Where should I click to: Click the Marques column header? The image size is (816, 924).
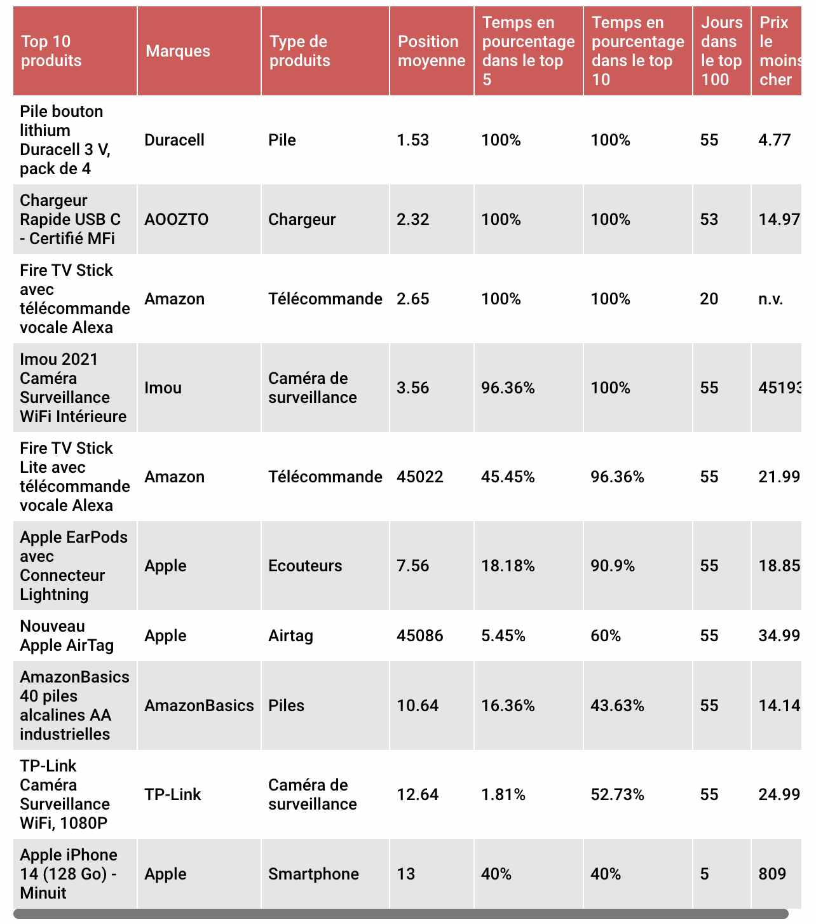pyautogui.click(x=177, y=51)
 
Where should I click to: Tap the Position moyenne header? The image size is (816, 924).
pyautogui.click(x=431, y=51)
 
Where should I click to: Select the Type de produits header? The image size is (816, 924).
pyautogui.click(x=299, y=51)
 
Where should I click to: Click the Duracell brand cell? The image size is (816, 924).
pyautogui.click(x=174, y=140)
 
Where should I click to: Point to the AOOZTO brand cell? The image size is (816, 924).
pyautogui.click(x=176, y=219)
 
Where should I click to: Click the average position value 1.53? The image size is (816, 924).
pyautogui.click(x=412, y=140)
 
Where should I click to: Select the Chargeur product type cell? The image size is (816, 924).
pyautogui.click(x=301, y=219)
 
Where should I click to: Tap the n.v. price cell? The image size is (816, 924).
pyautogui.click(x=770, y=299)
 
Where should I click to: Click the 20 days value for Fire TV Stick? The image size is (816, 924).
pyautogui.click(x=709, y=299)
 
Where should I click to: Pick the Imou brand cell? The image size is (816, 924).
pyautogui.click(x=163, y=388)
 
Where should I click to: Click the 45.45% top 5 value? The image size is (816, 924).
pyautogui.click(x=508, y=477)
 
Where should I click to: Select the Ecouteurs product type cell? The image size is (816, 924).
pyautogui.click(x=304, y=566)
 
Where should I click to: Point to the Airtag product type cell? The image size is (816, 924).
pyautogui.click(x=290, y=635)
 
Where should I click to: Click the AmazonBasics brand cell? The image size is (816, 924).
pyautogui.click(x=199, y=705)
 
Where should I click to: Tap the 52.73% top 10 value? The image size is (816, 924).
pyautogui.click(x=617, y=794)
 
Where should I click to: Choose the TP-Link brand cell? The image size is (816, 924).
pyautogui.click(x=172, y=794)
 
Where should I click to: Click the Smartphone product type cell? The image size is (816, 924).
pyautogui.click(x=313, y=874)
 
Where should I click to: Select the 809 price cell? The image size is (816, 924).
pyautogui.click(x=772, y=873)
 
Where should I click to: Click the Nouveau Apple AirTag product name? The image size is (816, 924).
pyautogui.click(x=67, y=635)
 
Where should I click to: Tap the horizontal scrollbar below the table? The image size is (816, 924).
pyautogui.click(x=400, y=913)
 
